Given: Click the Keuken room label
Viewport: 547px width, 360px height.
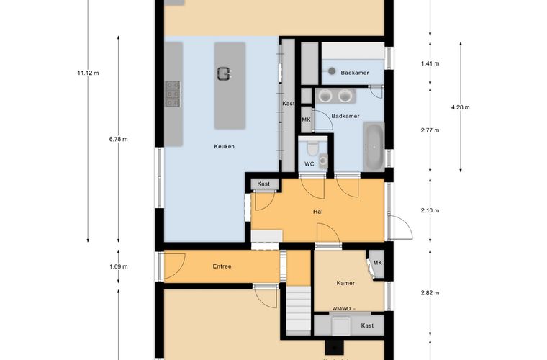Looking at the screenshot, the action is tap(224, 146).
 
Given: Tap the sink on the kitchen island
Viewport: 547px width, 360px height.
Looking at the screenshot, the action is tap(224, 73).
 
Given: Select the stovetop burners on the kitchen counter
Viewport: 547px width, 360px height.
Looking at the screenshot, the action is tap(173, 94).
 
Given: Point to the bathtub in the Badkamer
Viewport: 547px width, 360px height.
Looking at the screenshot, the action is tap(374, 146).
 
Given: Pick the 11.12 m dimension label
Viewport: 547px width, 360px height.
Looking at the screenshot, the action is tap(88, 73).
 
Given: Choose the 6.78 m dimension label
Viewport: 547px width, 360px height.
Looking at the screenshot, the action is tap(118, 139).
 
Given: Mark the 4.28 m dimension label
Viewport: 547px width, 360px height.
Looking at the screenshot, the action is tap(460, 107).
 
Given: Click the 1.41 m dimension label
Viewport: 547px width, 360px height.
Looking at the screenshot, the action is tap(430, 63).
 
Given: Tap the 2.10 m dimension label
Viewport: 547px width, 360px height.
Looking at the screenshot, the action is tap(430, 210).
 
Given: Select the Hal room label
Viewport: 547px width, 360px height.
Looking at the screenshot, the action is tap(318, 212).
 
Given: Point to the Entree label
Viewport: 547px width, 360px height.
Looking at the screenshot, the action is tap(222, 266).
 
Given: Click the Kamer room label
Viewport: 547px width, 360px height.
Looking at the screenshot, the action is tap(345, 283).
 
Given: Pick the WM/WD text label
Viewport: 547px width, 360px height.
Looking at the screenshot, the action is tap(341, 308).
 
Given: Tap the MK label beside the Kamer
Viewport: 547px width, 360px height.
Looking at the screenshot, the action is tap(377, 263).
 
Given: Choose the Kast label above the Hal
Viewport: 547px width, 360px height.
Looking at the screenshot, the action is tap(263, 184).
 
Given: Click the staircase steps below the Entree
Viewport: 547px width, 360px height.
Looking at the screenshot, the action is tap(298, 308).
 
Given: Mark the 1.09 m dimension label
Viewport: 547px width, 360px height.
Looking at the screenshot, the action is tap(118, 266).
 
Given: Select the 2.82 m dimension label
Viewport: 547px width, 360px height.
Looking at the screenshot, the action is tap(430, 292).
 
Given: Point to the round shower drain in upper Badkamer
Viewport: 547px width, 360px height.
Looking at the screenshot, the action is tap(332, 71).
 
